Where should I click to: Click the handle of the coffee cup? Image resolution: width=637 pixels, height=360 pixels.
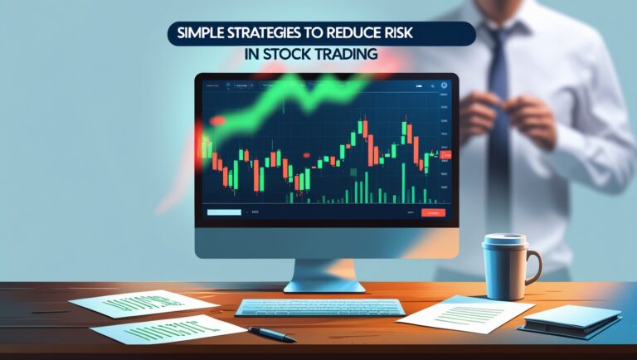533,266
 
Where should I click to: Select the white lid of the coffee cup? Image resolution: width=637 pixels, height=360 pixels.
504,241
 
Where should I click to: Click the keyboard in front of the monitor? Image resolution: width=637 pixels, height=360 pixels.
318,307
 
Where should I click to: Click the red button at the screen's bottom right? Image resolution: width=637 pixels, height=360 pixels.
433,213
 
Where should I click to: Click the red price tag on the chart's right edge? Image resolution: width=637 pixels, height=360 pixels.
445,155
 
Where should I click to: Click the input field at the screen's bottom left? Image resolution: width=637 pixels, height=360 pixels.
222,213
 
